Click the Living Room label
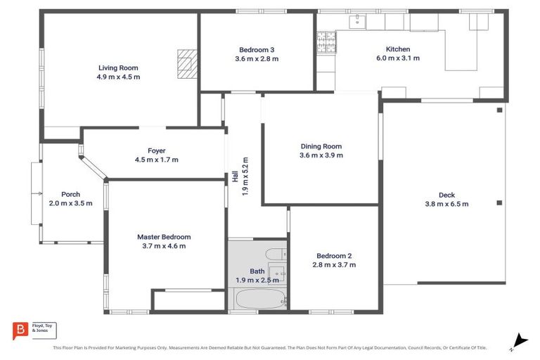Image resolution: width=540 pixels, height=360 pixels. (118, 68)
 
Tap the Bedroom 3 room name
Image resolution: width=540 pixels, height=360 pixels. (257, 50)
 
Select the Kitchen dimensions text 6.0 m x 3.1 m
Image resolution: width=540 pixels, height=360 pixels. (397, 58)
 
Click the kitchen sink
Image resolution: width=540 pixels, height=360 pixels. (358, 21)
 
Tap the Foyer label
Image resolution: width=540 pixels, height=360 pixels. (156, 150)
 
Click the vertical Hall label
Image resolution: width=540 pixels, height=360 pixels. (235, 177)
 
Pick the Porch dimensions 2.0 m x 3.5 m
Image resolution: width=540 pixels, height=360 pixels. (70, 203)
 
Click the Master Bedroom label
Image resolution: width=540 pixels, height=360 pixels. (164, 237)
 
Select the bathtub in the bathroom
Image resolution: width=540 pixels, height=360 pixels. (257, 299)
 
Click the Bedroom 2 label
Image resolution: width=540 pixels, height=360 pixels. (334, 256)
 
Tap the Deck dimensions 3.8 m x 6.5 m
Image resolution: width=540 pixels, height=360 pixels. (446, 204)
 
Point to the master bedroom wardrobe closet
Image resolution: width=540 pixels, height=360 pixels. (188, 300)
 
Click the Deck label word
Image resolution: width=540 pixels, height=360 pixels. (446, 195)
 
